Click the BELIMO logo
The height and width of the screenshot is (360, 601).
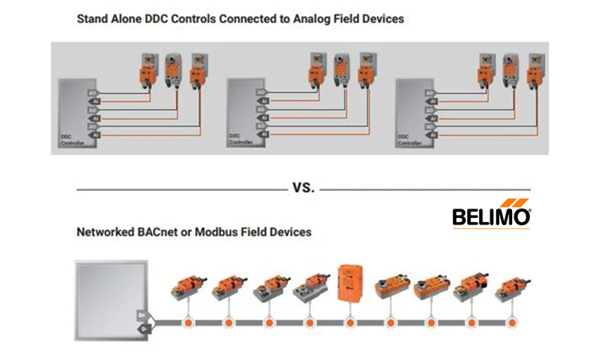tap(491, 214)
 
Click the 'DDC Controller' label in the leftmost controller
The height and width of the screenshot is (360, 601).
tap(72, 141)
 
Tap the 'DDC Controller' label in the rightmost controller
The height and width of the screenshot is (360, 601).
tap(409, 141)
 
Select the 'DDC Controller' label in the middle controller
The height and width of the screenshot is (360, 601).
tap(240, 141)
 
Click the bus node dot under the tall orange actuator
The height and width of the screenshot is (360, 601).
tap(350, 323)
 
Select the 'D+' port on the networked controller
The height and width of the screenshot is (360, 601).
tap(143, 315)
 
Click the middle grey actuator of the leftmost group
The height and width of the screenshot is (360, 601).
tap(172, 69)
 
